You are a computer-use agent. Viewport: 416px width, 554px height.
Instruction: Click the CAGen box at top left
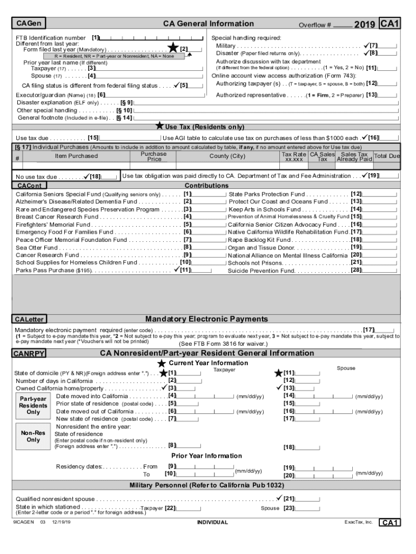tap(29, 24)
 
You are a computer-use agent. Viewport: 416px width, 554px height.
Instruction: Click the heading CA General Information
tap(208, 24)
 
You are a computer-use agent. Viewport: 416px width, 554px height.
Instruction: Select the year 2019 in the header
tap(365, 25)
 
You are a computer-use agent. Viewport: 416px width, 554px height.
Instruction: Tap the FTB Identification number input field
tap(151, 38)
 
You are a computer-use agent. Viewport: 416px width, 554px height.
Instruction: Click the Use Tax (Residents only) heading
tap(204, 127)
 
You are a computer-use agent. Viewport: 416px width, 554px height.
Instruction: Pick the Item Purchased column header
tap(76, 156)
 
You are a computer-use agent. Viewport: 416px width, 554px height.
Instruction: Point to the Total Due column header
tap(387, 156)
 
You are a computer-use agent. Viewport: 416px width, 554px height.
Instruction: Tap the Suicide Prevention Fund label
tap(261, 271)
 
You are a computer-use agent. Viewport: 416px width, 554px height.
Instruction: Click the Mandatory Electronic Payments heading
tap(206, 319)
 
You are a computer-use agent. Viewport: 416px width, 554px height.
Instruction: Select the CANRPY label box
tap(30, 354)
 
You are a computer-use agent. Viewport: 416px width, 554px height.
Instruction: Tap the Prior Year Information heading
tap(207, 456)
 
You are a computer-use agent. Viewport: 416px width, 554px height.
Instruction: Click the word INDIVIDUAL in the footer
tap(212, 523)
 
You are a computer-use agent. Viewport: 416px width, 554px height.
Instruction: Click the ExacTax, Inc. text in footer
tap(358, 523)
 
